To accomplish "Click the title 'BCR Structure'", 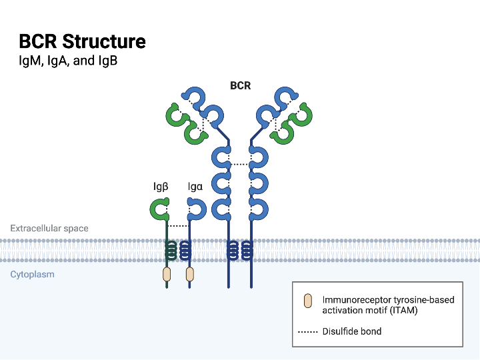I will tap(82, 41).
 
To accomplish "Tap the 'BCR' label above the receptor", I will tap(240, 86).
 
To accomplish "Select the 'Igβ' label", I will tap(160, 187).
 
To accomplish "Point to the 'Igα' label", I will tap(195, 187).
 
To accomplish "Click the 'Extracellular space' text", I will tap(49, 228).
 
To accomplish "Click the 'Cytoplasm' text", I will tap(32, 274).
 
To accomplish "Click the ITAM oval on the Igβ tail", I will tap(167, 274).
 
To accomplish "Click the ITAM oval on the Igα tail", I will tap(190, 274).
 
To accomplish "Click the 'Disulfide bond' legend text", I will tap(352, 331).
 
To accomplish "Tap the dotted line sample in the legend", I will tap(307, 331).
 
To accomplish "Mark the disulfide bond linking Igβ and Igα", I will tap(178, 226).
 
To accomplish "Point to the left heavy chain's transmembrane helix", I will tap(233, 250).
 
